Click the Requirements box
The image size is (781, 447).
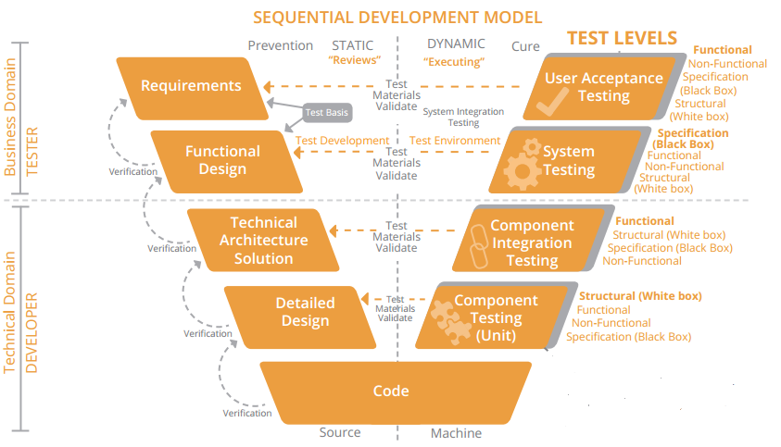tap(190, 86)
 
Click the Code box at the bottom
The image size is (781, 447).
tap(391, 391)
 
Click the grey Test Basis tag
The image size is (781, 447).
tap(326, 113)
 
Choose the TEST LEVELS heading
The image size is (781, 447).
tap(622, 38)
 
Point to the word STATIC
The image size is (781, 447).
tap(353, 45)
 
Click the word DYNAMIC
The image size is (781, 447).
tap(456, 44)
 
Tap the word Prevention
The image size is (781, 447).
tap(280, 45)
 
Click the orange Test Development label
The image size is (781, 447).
tap(342, 141)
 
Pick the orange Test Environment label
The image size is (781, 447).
tap(455, 141)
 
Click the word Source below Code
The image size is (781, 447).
tap(339, 432)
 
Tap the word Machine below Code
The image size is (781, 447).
tap(456, 433)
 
